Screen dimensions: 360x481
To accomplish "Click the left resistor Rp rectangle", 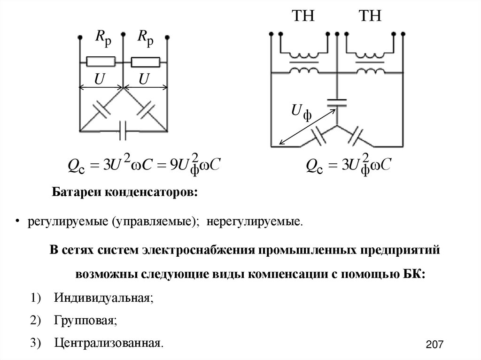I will [101, 61].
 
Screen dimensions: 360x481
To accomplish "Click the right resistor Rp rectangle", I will [145, 61].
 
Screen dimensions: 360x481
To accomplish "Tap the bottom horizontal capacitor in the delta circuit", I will [123, 130].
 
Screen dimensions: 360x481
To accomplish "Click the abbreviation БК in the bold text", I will [414, 274].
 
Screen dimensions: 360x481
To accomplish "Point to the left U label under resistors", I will [99, 80].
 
